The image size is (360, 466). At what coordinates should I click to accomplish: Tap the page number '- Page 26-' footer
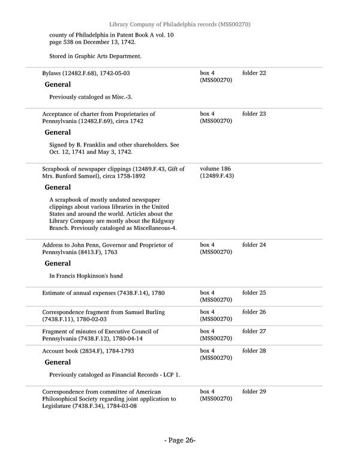tap(180, 440)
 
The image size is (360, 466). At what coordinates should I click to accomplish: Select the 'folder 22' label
tap(254, 73)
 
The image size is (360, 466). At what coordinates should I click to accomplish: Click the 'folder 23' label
tap(254, 113)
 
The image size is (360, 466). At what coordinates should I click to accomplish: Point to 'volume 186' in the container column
tap(215, 169)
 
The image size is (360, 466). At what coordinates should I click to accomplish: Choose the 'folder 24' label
tap(254, 245)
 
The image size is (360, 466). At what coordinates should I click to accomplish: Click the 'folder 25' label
tap(254, 292)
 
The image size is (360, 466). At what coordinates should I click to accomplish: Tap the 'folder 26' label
tap(254, 312)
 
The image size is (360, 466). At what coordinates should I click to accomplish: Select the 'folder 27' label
tap(254, 331)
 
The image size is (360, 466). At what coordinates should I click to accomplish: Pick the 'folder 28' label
tap(254, 351)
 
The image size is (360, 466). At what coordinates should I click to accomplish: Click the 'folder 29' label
tap(254, 392)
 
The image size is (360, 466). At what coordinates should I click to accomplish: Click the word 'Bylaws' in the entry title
tap(52, 73)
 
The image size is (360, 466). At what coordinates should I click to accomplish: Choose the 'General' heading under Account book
tap(58, 362)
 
